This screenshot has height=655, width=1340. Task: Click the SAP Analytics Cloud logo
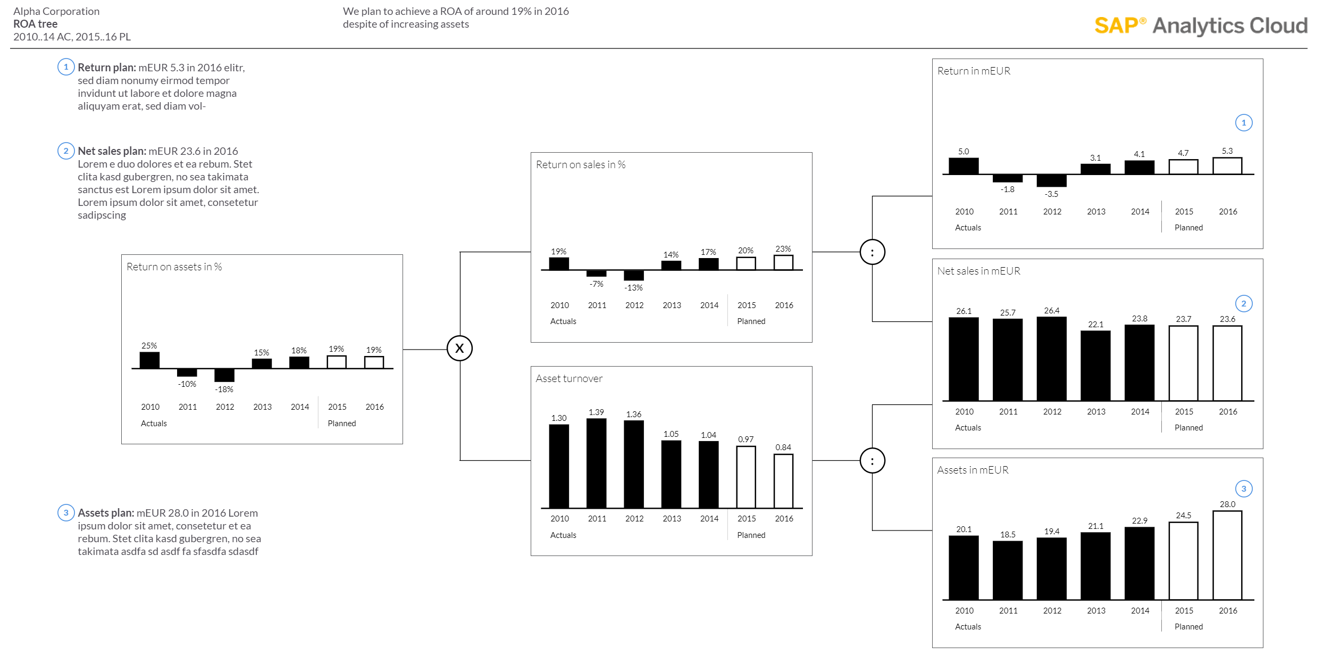pos(1201,26)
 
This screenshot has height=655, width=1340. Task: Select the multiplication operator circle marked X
pos(459,349)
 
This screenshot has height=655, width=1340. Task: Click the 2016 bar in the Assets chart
pos(1227,555)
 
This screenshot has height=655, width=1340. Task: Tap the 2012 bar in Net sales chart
pos(1051,359)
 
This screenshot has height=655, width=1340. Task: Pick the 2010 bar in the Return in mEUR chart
pos(964,166)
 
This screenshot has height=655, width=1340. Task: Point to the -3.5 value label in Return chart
pos(1051,194)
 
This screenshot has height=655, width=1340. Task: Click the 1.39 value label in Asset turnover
pos(596,412)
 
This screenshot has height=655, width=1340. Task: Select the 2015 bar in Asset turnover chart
pos(746,477)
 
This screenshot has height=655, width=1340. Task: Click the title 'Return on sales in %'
pos(581,165)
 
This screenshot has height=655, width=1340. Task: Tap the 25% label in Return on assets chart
pos(149,346)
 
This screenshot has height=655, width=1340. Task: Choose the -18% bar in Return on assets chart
pos(224,375)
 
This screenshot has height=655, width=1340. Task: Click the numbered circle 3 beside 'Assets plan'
pos(66,513)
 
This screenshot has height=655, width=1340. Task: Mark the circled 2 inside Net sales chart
pos(1244,304)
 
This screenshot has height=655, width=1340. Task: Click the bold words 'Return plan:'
pos(107,68)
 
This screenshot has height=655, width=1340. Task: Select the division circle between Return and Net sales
pos(873,252)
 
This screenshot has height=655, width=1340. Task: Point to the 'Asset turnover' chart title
pos(569,379)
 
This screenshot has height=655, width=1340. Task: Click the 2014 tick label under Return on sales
pos(709,305)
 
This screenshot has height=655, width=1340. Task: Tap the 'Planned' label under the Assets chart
pos(1188,627)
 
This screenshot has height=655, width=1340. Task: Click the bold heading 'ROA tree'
pos(36,24)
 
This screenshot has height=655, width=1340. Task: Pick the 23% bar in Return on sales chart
pos(783,263)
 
